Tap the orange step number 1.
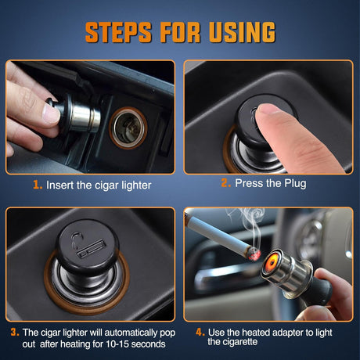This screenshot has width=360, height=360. click(37, 185)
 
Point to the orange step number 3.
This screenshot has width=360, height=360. click(13, 332)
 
